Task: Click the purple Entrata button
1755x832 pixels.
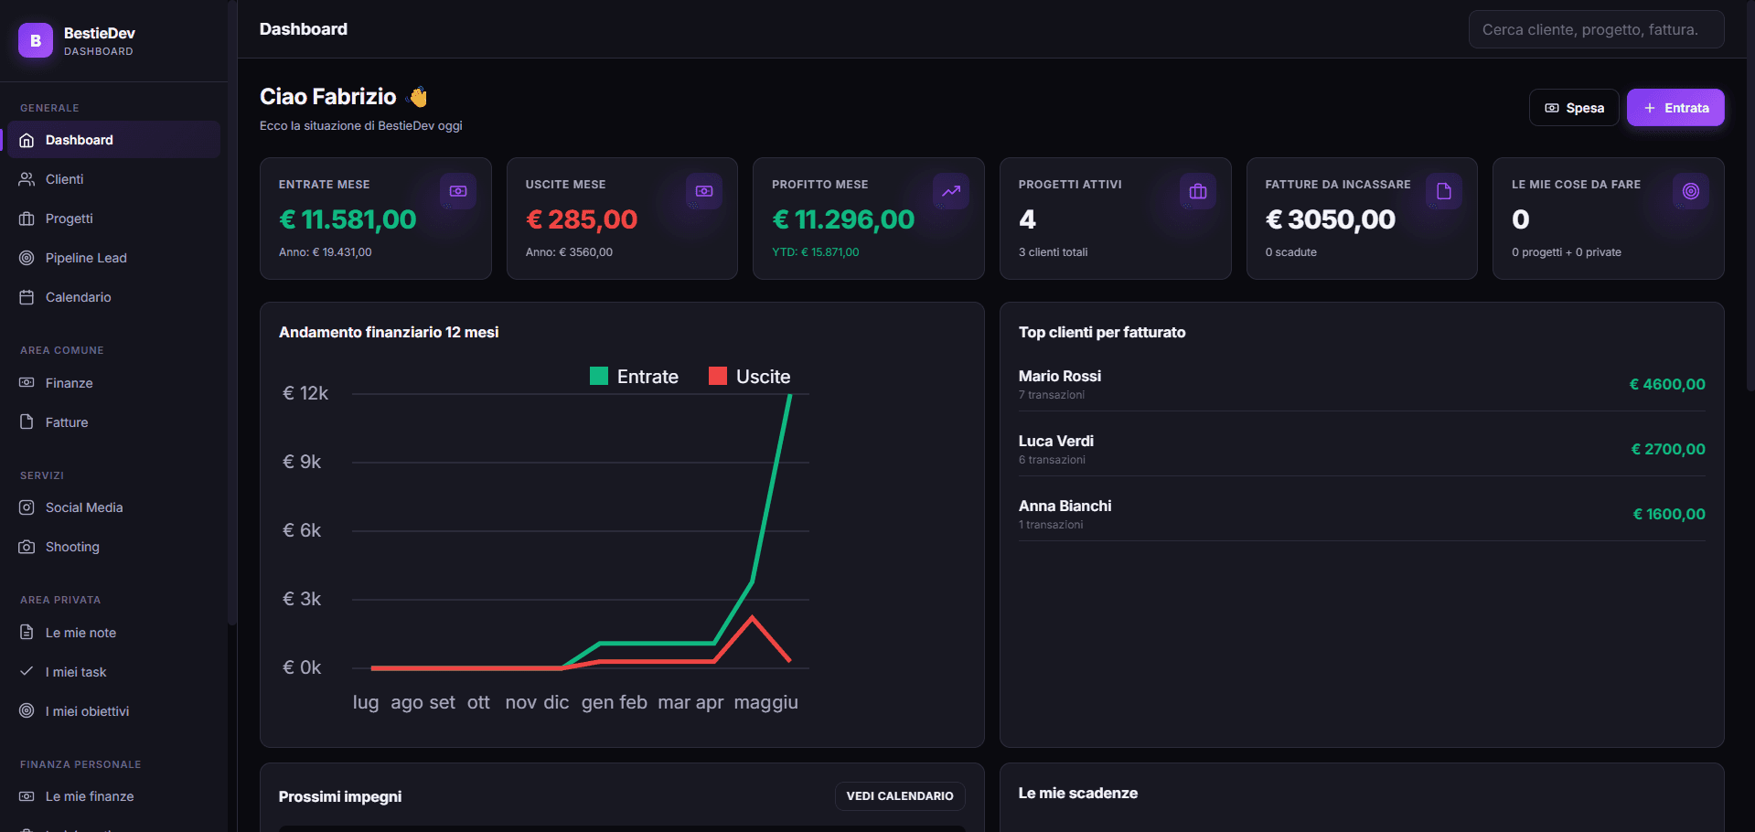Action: pyautogui.click(x=1675, y=108)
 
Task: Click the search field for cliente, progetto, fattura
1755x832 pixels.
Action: pyautogui.click(x=1596, y=29)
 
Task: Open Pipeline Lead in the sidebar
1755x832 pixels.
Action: pyautogui.click(x=86, y=258)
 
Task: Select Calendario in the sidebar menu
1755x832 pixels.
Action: pyautogui.click(x=78, y=297)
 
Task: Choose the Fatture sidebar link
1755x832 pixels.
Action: pyautogui.click(x=67, y=422)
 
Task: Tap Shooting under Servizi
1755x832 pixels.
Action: pyautogui.click(x=72, y=547)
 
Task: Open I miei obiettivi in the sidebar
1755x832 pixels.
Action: pyautogui.click(x=87, y=711)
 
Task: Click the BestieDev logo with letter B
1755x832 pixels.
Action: pyautogui.click(x=36, y=40)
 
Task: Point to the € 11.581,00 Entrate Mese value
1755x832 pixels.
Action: pyautogui.click(x=348, y=219)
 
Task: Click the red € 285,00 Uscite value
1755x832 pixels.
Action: pyautogui.click(x=582, y=219)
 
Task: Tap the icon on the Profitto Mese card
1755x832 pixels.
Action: pyautogui.click(x=951, y=191)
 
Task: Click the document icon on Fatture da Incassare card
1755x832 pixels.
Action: pyautogui.click(x=1444, y=191)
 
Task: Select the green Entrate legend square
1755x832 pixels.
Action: pyautogui.click(x=599, y=376)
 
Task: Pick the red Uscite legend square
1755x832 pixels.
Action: pyautogui.click(x=718, y=376)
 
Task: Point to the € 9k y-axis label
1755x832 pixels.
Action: pyautogui.click(x=302, y=462)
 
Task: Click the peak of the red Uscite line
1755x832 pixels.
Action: pyautogui.click(x=753, y=617)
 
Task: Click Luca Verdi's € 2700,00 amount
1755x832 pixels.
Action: pyautogui.click(x=1668, y=449)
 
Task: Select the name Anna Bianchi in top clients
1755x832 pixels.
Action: pyautogui.click(x=1065, y=506)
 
